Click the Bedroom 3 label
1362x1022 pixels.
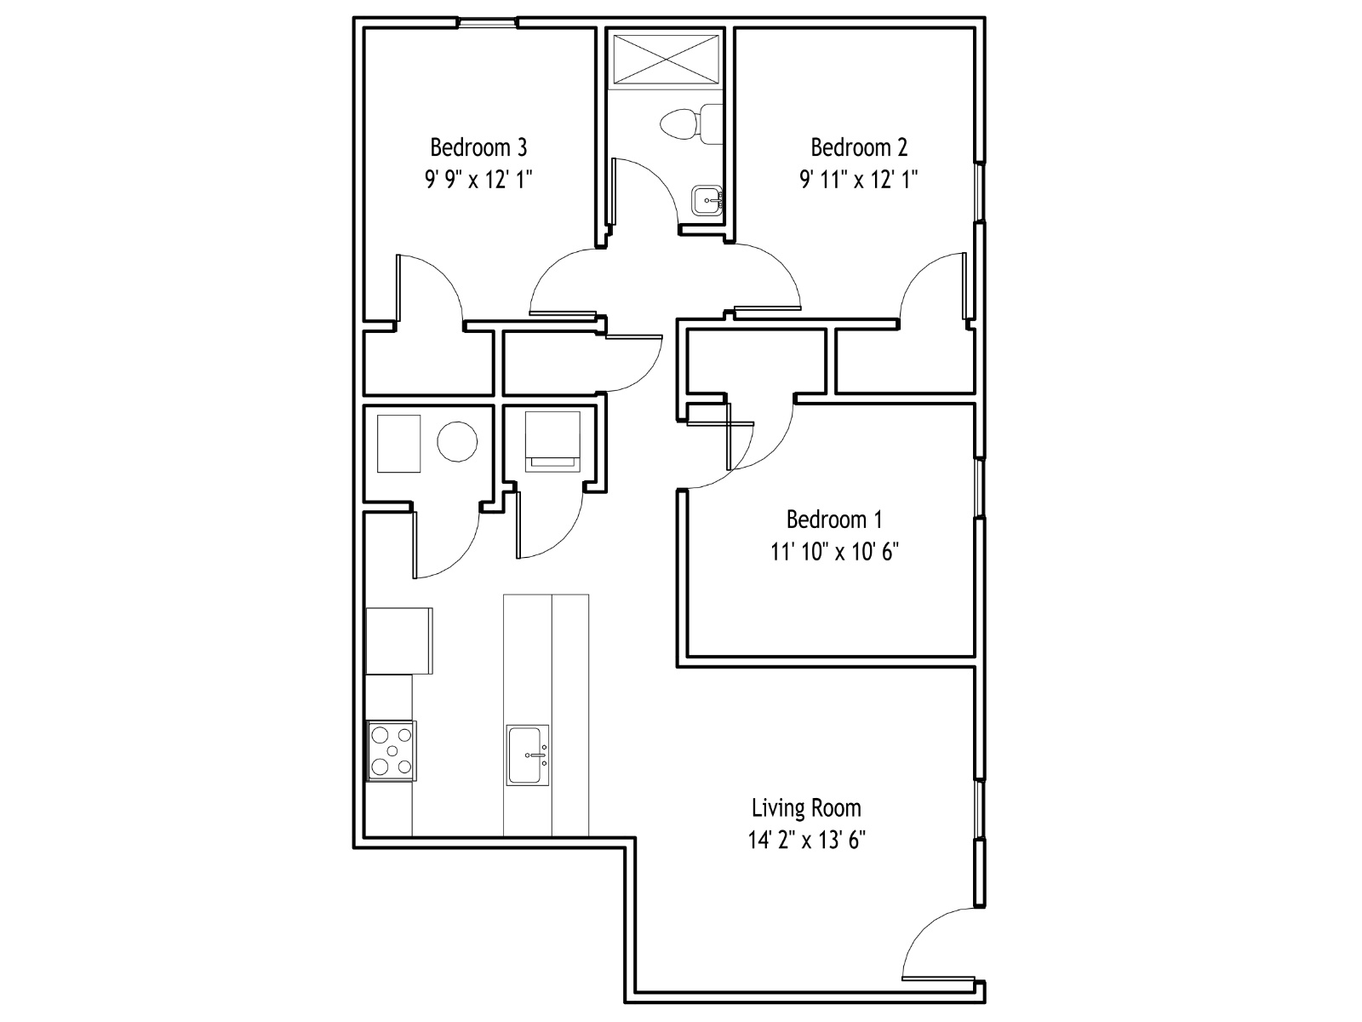click(x=478, y=147)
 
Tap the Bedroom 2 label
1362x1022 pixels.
click(x=859, y=147)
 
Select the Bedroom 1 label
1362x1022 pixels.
click(x=834, y=520)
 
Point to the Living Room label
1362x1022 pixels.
click(x=806, y=808)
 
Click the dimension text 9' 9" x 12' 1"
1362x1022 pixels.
click(x=478, y=180)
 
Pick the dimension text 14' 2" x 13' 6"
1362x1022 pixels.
click(x=806, y=841)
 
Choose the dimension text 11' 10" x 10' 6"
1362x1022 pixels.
click(x=834, y=552)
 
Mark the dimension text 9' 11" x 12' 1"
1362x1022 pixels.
click(x=859, y=180)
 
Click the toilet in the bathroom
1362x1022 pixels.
click(x=691, y=124)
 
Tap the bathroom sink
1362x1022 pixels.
click(x=707, y=200)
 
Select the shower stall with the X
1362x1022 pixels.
click(x=667, y=59)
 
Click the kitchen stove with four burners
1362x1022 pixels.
click(x=391, y=751)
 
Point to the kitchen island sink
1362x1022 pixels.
click(x=528, y=755)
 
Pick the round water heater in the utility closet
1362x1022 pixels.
click(x=457, y=442)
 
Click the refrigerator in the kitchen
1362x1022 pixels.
click(x=399, y=641)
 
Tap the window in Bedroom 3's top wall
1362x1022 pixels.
click(x=488, y=23)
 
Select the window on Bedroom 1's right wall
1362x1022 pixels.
click(x=980, y=488)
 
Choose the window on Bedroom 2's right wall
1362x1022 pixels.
click(x=980, y=192)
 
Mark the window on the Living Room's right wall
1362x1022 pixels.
click(x=980, y=808)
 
